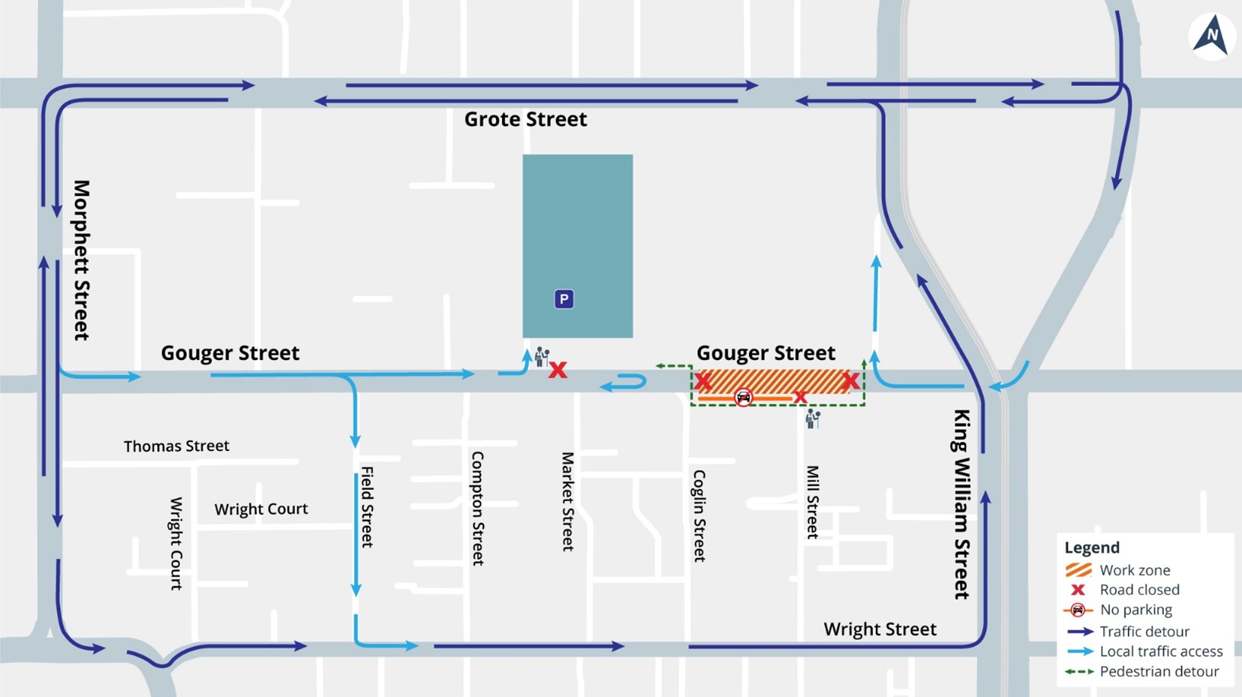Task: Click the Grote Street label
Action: click(525, 119)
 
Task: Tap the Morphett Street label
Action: click(81, 260)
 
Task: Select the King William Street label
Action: click(961, 503)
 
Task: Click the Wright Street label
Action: click(880, 629)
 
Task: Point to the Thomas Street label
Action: click(176, 446)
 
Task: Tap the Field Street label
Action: click(367, 506)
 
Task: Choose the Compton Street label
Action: click(477, 508)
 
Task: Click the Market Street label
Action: click(568, 501)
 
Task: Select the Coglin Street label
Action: click(699, 515)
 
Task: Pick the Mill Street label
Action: click(812, 501)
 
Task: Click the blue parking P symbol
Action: click(564, 299)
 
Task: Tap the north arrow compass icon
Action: click(1212, 36)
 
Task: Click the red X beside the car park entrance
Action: click(558, 370)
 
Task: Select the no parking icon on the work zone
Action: click(743, 398)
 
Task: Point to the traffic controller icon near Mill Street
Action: click(813, 418)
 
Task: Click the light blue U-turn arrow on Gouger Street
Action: click(624, 383)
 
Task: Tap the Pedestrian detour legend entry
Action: click(1142, 671)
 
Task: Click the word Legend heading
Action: click(1091, 548)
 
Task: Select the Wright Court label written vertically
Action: click(176, 543)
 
